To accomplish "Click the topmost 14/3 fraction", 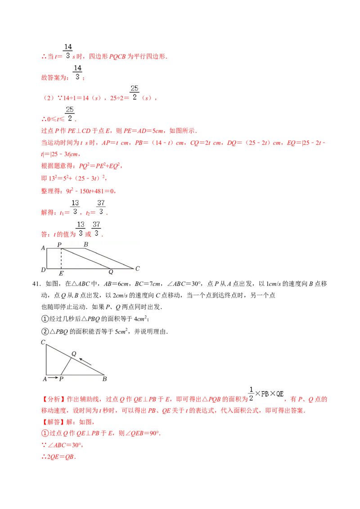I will point(68,51).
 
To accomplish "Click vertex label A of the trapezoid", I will point(43,248).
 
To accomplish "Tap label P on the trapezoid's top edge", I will point(59,245).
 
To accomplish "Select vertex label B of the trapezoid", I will point(86,245).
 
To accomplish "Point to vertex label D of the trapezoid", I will point(43,270).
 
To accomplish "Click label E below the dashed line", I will point(61,273).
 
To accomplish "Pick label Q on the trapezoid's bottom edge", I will point(111,272).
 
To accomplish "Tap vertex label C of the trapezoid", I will point(137,268).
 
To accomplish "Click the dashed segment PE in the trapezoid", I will point(61,259).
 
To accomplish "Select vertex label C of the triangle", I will point(43,342).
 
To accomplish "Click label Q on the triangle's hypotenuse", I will point(74,353).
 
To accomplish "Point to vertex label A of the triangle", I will point(45,379).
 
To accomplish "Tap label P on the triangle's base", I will point(61,379).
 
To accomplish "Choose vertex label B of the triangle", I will point(104,379).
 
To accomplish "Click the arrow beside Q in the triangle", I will point(85,361).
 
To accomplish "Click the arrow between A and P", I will point(53,378).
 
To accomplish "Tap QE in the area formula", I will point(279,394).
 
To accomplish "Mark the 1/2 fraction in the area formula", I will point(250,393).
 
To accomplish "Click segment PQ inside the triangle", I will point(66,366).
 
